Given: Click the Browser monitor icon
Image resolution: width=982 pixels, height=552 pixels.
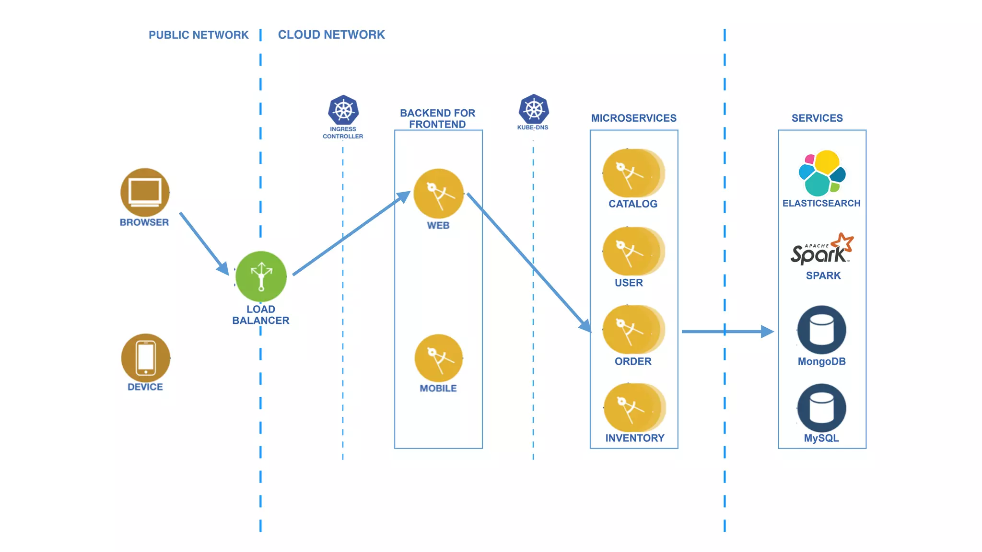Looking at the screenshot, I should [x=145, y=193].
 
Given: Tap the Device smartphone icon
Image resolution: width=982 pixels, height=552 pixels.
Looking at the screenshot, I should [x=146, y=358].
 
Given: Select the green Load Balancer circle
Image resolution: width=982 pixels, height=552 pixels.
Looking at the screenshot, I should [x=261, y=276].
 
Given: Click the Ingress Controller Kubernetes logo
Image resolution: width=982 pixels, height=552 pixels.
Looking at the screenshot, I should [x=343, y=110].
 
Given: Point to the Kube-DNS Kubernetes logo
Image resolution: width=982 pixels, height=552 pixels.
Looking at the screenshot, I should [x=533, y=109].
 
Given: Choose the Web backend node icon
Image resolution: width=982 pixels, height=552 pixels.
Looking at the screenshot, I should [x=438, y=194].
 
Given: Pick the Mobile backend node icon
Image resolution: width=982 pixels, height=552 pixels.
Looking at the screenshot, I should [x=438, y=358].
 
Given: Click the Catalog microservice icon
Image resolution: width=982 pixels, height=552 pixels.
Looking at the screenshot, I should [x=632, y=173].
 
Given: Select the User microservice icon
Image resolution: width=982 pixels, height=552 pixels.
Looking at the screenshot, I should [x=632, y=252].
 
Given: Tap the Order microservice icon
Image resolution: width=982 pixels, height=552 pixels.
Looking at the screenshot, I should [x=632, y=330].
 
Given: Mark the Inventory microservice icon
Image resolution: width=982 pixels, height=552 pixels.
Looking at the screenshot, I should [x=633, y=408].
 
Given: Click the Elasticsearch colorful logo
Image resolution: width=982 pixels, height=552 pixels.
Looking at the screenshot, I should [x=822, y=173].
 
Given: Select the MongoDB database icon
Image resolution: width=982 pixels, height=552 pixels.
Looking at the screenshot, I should [x=821, y=330].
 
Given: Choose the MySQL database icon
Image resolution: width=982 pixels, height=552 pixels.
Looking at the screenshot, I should [x=821, y=408].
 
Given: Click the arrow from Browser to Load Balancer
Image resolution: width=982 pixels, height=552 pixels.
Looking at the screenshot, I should [x=204, y=243].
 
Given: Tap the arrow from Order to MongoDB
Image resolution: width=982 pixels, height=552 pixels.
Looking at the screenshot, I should [x=726, y=331].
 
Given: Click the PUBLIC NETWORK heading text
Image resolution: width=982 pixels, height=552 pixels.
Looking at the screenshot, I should [x=199, y=35].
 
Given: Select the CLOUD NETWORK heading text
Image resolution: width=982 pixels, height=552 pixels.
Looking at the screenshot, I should [x=331, y=35].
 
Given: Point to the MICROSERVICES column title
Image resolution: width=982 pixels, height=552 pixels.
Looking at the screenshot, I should [x=633, y=118].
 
